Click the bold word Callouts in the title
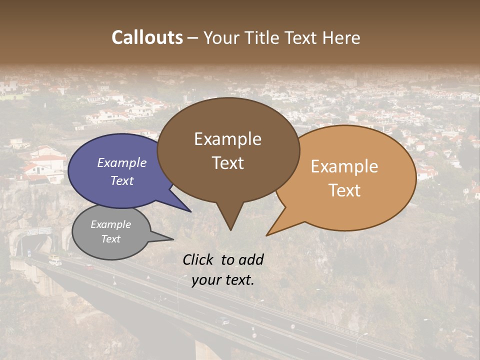(147, 37)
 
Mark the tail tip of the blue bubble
(190, 211)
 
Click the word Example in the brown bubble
(227, 139)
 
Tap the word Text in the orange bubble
(345, 190)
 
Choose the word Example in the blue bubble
(122, 163)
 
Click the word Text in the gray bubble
(111, 239)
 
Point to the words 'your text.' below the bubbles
(223, 280)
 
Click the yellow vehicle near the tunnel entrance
(54, 260)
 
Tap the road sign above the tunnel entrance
(39, 231)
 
